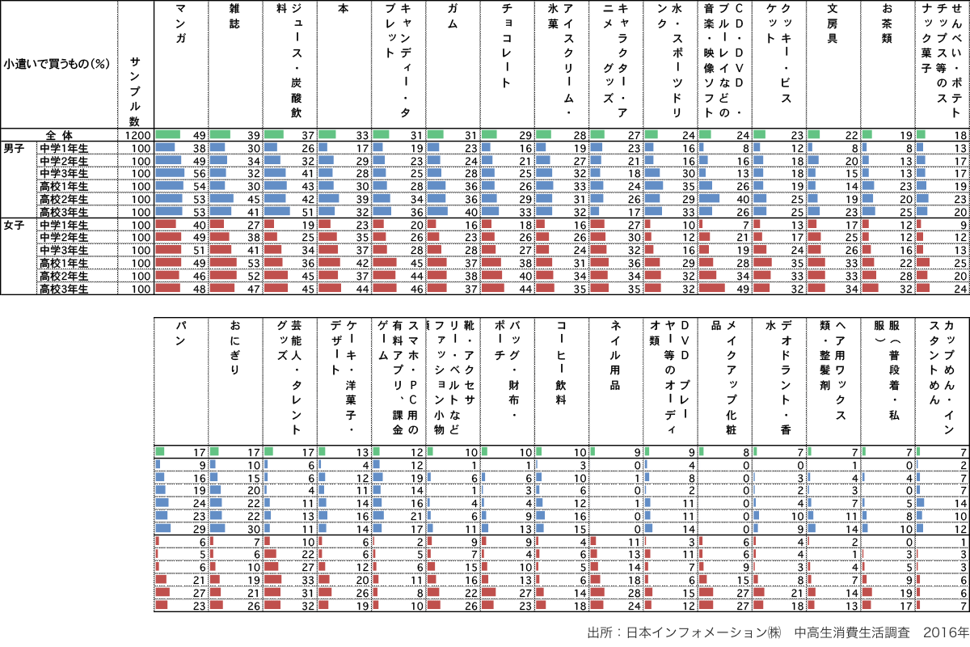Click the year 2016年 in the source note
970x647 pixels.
(x=947, y=632)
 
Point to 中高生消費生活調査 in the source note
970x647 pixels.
(x=852, y=632)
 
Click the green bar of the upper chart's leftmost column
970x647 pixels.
(x=167, y=134)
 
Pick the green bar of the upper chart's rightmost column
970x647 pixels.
(x=921, y=134)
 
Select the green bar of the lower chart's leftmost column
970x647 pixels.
(x=159, y=451)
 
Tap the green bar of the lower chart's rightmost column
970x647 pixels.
(x=917, y=451)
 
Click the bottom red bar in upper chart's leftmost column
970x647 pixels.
(x=167, y=287)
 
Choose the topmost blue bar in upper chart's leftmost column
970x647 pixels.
(x=165, y=147)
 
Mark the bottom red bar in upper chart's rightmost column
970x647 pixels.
(x=922, y=287)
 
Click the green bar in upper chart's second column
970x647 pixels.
(x=219, y=134)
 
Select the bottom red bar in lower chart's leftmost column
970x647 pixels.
(x=161, y=604)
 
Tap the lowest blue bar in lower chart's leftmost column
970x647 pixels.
(x=162, y=527)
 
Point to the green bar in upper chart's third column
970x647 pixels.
(x=273, y=134)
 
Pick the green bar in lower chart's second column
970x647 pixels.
(x=213, y=451)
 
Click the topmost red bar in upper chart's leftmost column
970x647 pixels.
(x=165, y=223)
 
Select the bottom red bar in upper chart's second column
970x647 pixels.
(x=221, y=287)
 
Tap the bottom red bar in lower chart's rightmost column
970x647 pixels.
(x=917, y=604)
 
